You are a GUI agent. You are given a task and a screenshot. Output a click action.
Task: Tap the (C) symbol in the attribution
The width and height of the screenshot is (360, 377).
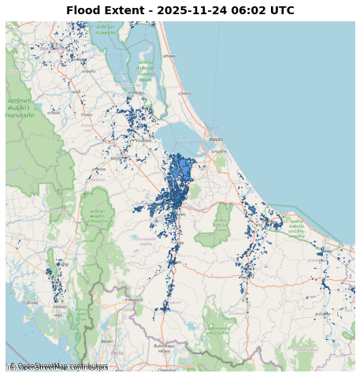tap(11, 367)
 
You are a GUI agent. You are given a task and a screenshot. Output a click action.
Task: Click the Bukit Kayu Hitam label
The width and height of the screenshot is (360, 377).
tap(165, 347)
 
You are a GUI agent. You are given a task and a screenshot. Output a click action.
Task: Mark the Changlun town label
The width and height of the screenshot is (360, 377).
tap(167, 369)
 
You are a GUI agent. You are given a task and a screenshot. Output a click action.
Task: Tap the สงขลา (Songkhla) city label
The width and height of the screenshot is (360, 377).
tap(215, 139)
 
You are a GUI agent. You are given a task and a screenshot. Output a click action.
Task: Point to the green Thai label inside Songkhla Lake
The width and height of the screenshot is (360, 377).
tap(145, 71)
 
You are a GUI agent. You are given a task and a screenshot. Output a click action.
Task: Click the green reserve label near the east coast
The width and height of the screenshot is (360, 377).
tap(297, 229)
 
